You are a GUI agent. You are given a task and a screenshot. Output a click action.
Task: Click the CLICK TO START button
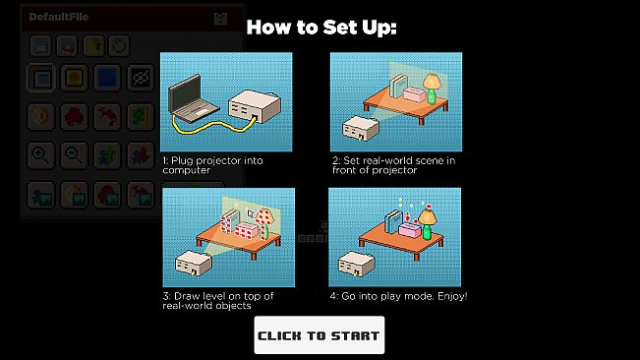pos(320,335)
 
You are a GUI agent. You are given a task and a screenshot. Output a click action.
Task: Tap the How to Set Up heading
pos(321,28)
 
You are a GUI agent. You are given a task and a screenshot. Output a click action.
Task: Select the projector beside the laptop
pos(255,106)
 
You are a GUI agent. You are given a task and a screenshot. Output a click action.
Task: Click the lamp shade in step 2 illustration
pos(433,82)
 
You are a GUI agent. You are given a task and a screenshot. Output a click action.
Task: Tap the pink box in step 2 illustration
pos(415,94)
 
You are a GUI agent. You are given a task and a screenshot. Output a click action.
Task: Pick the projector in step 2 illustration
pos(361,128)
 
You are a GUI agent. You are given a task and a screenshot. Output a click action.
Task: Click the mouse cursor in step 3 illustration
pos(251,213)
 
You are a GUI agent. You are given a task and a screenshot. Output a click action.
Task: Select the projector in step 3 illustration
pos(194,264)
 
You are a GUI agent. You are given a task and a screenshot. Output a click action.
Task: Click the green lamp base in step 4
pos(427,231)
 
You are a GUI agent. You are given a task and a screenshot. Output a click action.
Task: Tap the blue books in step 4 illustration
pos(394,221)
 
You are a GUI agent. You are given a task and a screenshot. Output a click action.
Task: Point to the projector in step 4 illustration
pos(357,264)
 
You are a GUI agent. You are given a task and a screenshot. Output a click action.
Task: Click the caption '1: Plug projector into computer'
pos(212,165)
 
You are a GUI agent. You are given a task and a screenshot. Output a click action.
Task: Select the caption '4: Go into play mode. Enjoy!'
pos(398,296)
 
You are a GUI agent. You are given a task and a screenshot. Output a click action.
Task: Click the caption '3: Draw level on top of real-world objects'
pos(218,301)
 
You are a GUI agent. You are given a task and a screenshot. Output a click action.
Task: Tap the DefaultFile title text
pos(58,17)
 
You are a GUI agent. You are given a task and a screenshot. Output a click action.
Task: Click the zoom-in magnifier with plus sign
pos(40,155)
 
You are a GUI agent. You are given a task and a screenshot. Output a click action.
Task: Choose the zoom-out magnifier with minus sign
pos(74,155)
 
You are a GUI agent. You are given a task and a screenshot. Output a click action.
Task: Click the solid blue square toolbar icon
pos(107,78)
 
